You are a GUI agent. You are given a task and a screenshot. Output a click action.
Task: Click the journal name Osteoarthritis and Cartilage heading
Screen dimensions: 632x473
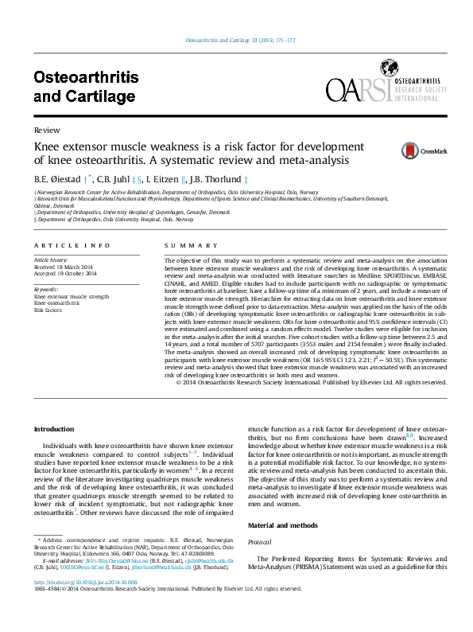[x=86, y=87]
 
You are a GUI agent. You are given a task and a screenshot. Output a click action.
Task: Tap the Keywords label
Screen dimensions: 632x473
[x=46, y=290]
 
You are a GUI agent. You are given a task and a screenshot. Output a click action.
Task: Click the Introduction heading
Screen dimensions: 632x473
[x=53, y=429]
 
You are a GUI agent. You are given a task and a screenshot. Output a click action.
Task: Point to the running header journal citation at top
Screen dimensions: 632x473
[x=240, y=40]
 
